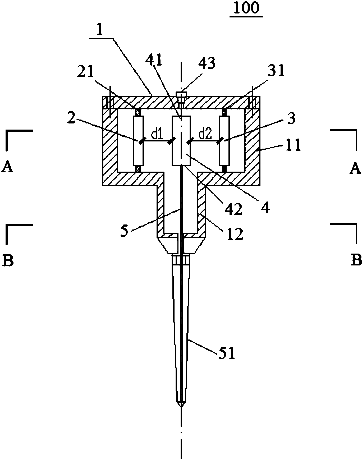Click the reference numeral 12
(234, 234)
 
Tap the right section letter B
(356, 260)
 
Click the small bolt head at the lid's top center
(181, 94)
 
